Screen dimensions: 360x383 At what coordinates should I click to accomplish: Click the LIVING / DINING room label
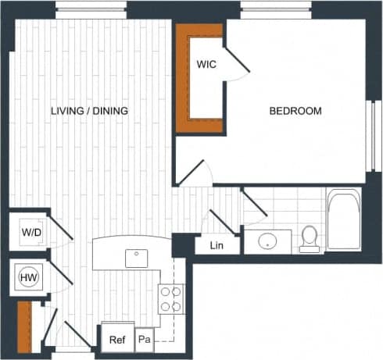89,111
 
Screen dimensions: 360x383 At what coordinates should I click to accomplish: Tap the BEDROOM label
295,111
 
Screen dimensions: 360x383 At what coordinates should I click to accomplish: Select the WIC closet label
206,64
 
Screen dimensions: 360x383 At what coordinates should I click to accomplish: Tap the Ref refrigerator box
116,340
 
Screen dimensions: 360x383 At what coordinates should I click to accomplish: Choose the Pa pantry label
145,340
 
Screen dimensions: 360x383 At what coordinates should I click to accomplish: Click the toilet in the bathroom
310,237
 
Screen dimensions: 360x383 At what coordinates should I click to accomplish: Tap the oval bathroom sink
269,241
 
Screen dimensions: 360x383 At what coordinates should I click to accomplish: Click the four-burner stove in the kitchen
170,298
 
